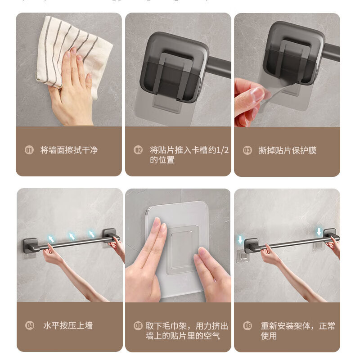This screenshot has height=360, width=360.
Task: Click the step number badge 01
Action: coord(29,150)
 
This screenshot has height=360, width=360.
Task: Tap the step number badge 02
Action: coord(138,150)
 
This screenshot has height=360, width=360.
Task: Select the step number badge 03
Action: coord(247,150)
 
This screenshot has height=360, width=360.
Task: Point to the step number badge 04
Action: coord(29,325)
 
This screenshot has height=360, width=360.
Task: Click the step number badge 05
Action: coord(138,325)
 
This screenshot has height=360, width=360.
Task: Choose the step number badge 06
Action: coord(247,325)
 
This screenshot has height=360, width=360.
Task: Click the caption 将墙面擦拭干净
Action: coord(69,150)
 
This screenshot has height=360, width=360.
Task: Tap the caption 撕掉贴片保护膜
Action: coord(287,150)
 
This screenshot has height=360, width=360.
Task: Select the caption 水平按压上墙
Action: coord(68,325)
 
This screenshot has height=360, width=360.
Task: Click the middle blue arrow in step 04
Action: coord(72,236)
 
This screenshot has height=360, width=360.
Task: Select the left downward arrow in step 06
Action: coord(240,238)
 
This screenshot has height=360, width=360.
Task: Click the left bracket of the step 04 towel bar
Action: coord(31,246)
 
